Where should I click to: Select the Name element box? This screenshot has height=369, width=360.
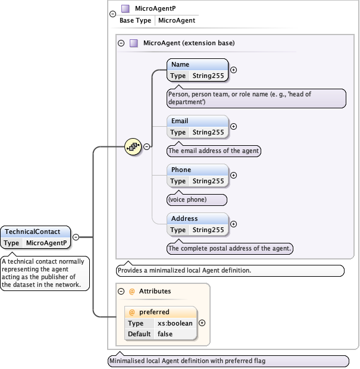point(197,70)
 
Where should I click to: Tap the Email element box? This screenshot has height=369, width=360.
point(197,126)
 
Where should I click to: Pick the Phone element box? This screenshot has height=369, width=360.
point(197,175)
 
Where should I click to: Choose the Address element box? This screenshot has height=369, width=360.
point(197,224)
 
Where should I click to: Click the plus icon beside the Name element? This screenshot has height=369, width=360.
point(233,70)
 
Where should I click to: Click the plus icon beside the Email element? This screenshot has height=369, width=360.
point(233,126)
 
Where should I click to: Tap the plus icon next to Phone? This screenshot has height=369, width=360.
point(233,175)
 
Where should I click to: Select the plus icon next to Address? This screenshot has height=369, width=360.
point(233,224)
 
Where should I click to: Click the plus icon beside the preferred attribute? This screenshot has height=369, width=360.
point(202,323)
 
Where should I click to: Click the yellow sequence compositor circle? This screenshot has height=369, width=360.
point(132,146)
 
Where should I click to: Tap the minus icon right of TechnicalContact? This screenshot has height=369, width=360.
point(76,237)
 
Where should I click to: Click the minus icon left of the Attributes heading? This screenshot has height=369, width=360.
point(122,291)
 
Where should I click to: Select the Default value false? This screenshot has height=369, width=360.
point(165,334)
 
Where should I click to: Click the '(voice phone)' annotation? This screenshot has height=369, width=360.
point(197,199)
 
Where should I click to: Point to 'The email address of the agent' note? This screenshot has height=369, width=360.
point(214,151)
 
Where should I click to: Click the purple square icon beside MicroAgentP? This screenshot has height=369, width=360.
point(125,8)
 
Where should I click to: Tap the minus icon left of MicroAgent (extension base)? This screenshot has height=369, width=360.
point(121,43)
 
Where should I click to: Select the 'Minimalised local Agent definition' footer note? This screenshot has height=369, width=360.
point(228,361)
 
